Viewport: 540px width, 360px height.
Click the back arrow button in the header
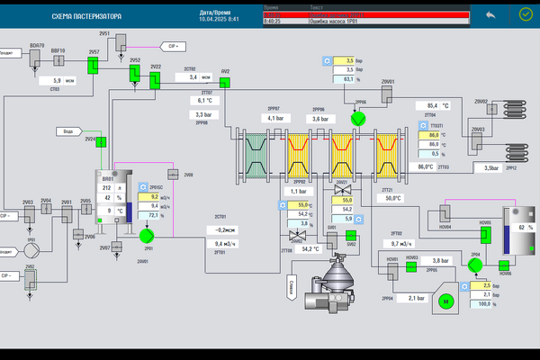(x=490, y=15)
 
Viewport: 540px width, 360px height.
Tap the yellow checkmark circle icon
(x=526, y=15)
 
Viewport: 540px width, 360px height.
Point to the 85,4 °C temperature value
(x=438, y=105)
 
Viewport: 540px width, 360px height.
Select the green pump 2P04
(x=474, y=267)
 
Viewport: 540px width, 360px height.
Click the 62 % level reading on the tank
(x=526, y=229)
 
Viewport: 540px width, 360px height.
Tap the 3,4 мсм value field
(x=198, y=77)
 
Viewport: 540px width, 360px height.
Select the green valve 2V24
(x=102, y=141)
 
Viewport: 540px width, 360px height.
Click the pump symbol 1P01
(x=30, y=228)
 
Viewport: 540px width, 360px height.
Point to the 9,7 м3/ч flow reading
(x=400, y=244)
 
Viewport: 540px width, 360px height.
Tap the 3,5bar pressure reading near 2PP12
(x=491, y=167)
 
